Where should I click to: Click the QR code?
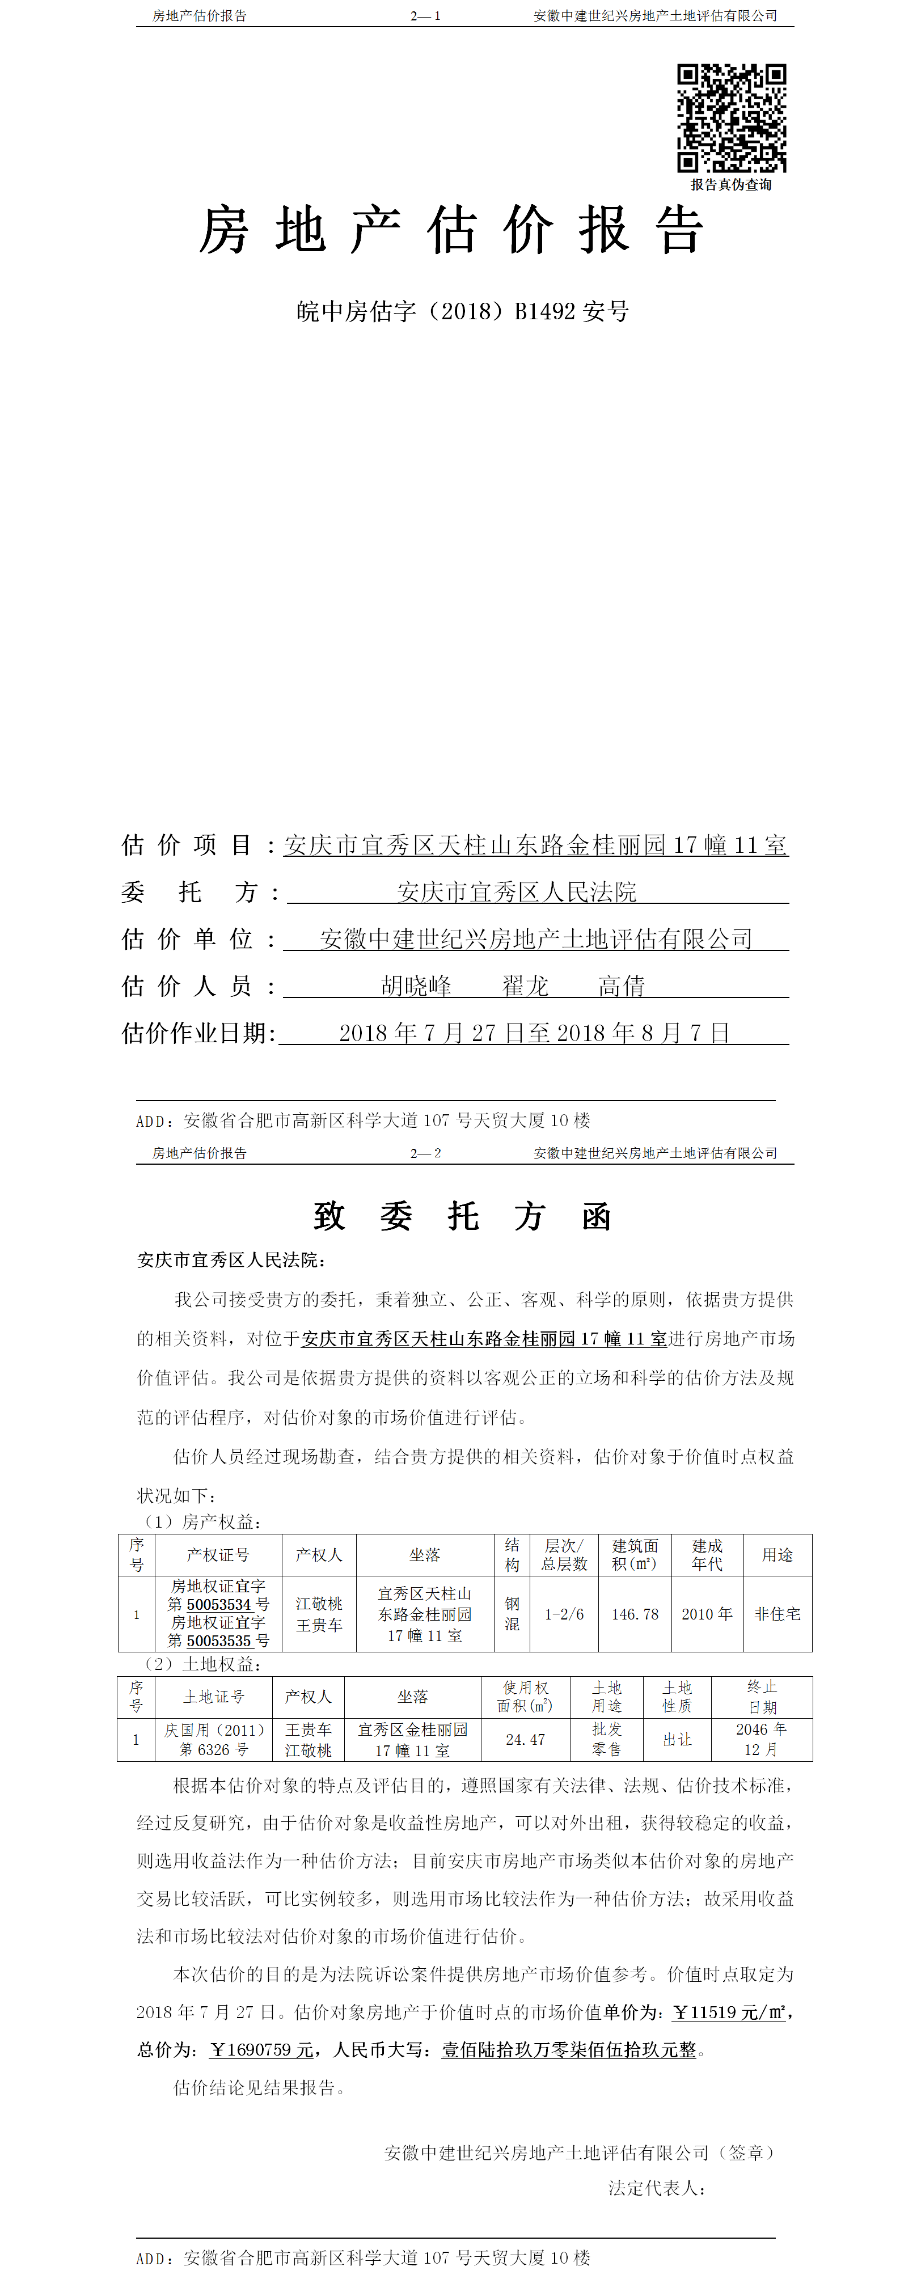pyautogui.click(x=732, y=117)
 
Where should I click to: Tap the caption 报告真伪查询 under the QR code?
pyautogui.click(x=732, y=185)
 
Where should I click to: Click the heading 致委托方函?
pyautogui.click(x=462, y=1217)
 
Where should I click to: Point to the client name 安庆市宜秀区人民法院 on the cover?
pyautogui.click(x=517, y=892)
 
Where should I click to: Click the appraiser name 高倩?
pyautogui.click(x=622, y=986)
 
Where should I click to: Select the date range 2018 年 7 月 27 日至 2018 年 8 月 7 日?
pyautogui.click(x=534, y=1033)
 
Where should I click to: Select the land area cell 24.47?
pyautogui.click(x=526, y=1740)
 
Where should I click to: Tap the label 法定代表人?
pyautogui.click(x=656, y=2188)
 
